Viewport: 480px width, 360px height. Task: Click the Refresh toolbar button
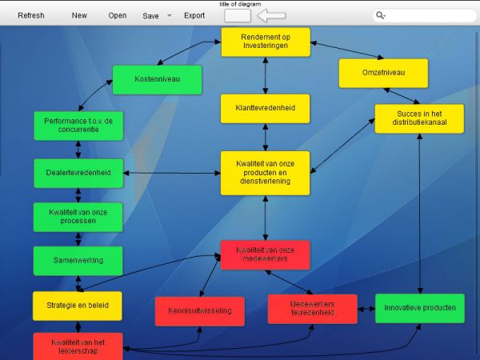(x=31, y=15)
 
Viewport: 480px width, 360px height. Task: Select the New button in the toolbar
(x=79, y=15)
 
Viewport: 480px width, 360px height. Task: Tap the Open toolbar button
(x=118, y=15)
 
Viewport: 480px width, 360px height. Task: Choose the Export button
(x=194, y=15)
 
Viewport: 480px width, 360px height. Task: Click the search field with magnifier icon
(x=424, y=15)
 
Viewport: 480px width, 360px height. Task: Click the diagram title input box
(x=238, y=16)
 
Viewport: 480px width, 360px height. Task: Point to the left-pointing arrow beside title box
(x=272, y=16)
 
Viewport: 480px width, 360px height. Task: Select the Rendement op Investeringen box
(x=266, y=42)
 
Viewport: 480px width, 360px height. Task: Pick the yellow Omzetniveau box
(x=383, y=73)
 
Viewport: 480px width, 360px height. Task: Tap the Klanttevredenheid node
(x=266, y=108)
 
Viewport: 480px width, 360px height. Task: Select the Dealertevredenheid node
(x=78, y=173)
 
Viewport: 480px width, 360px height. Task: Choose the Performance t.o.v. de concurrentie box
(x=78, y=125)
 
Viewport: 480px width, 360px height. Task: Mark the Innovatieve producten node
(x=419, y=308)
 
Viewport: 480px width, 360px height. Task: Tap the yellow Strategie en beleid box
(x=77, y=306)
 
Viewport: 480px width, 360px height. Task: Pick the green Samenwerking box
(x=78, y=261)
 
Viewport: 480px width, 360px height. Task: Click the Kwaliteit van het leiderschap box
(x=78, y=346)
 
